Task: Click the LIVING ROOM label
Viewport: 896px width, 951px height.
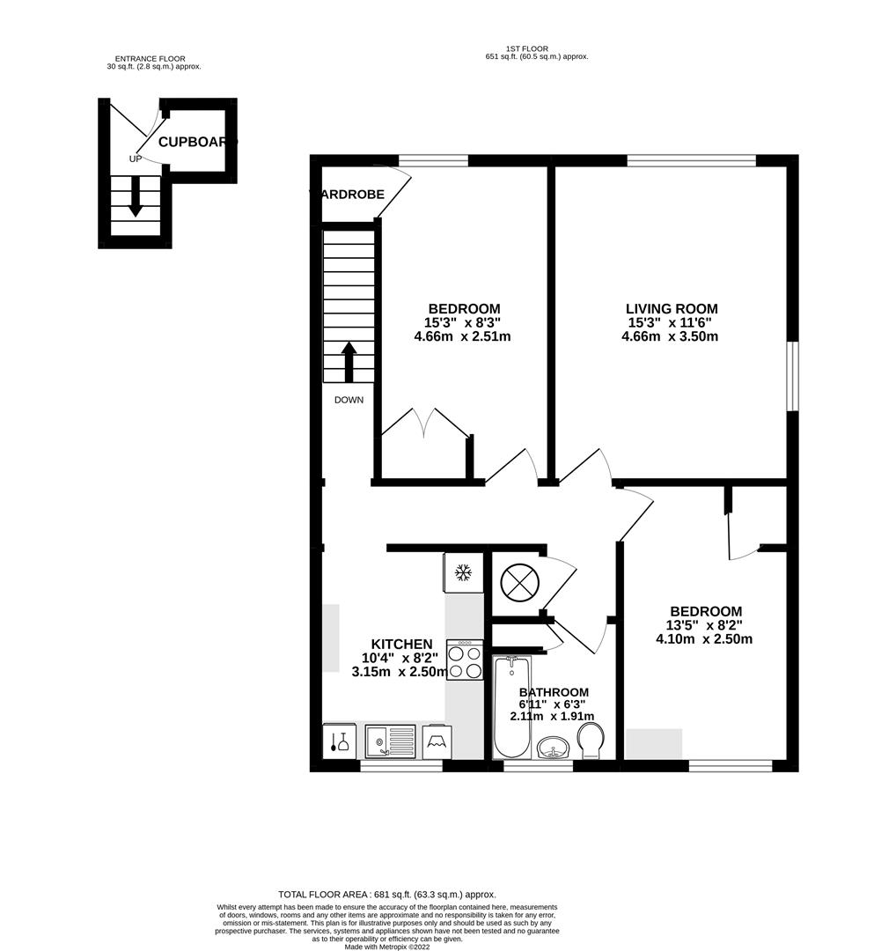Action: (x=671, y=309)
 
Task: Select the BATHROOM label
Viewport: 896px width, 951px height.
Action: (x=554, y=693)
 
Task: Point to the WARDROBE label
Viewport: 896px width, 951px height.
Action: (x=349, y=195)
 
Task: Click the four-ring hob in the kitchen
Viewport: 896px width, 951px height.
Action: (x=465, y=660)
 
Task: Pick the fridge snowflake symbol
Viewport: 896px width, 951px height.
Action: (x=462, y=573)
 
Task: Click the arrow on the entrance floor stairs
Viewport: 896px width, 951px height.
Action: (x=135, y=195)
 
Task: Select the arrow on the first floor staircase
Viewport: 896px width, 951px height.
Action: (x=349, y=361)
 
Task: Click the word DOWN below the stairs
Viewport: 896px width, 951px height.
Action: (x=349, y=400)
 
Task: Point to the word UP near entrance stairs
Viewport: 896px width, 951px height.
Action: (x=135, y=159)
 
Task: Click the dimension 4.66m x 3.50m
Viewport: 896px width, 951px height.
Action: (x=669, y=336)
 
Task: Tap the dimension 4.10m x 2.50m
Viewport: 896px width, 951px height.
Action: (x=704, y=639)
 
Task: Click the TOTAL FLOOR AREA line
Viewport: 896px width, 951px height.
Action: (x=387, y=893)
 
